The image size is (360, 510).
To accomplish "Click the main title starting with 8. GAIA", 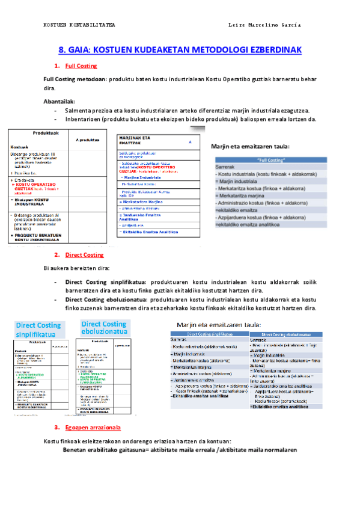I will [180, 51].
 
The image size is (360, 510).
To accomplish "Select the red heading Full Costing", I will [81, 66].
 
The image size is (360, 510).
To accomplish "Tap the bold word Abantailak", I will [59, 101].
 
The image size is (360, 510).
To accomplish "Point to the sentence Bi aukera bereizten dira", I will [77, 267].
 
